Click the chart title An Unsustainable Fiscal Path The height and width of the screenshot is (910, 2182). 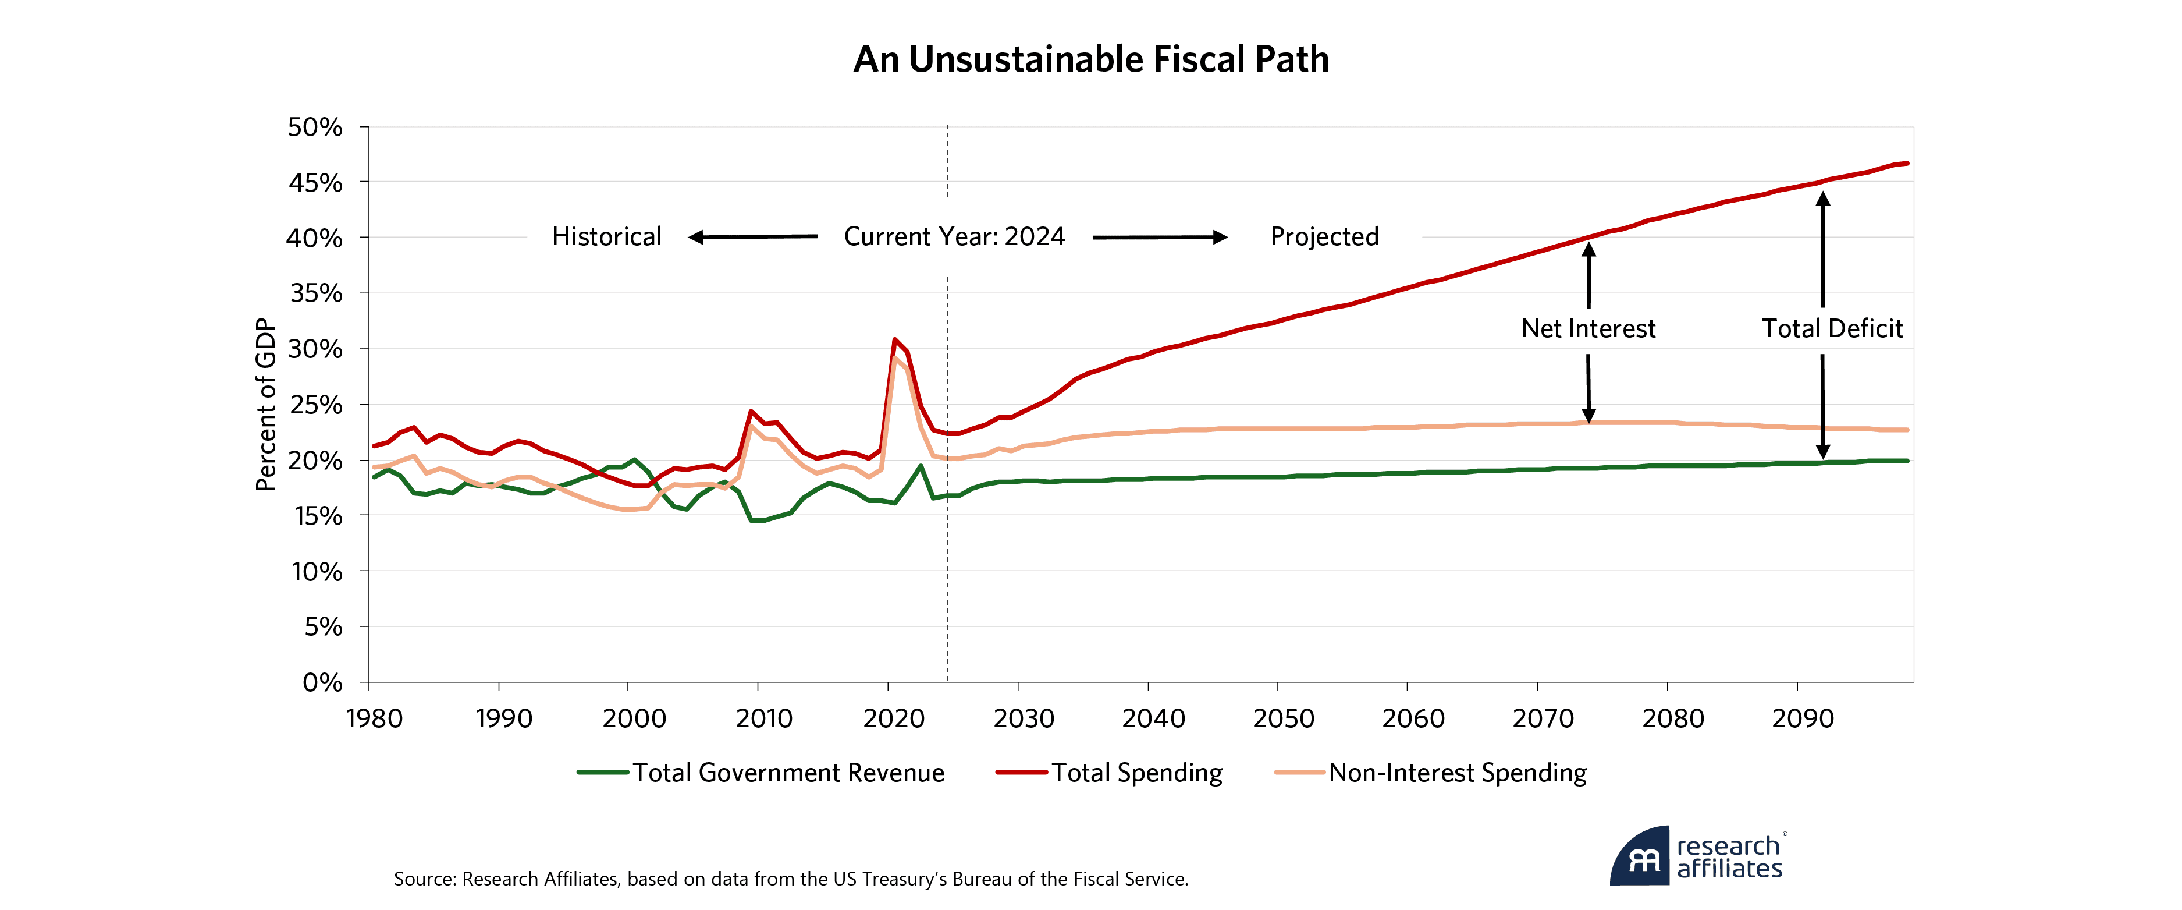tap(1090, 59)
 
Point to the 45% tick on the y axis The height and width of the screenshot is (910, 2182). tap(315, 183)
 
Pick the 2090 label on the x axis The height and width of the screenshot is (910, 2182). tap(1803, 718)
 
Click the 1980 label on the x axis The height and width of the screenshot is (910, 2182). tap(374, 718)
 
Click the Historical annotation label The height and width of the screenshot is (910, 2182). tap(606, 236)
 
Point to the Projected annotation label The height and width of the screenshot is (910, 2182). tap(1324, 236)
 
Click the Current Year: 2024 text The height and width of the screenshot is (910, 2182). tap(954, 236)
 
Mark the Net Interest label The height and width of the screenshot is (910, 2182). tap(1588, 329)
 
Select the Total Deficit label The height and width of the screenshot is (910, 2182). tap(1832, 329)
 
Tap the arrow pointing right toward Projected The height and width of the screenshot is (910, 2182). tap(1160, 237)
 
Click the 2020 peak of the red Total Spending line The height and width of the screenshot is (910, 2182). tap(894, 340)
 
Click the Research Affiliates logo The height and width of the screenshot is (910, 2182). tap(1697, 856)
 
